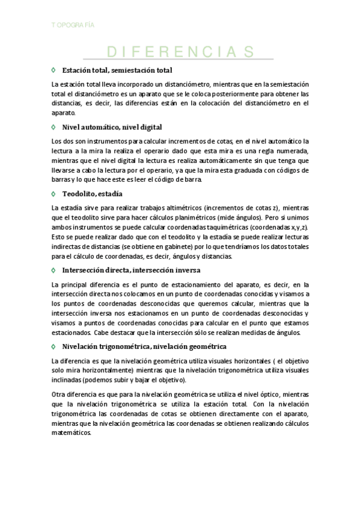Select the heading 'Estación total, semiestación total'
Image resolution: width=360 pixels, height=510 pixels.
coord(117,70)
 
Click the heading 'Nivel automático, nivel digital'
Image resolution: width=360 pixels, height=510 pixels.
coord(112,127)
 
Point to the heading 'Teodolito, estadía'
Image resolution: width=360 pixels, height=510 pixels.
coord(92,194)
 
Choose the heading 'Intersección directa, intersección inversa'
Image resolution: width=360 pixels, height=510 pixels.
coord(131,270)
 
